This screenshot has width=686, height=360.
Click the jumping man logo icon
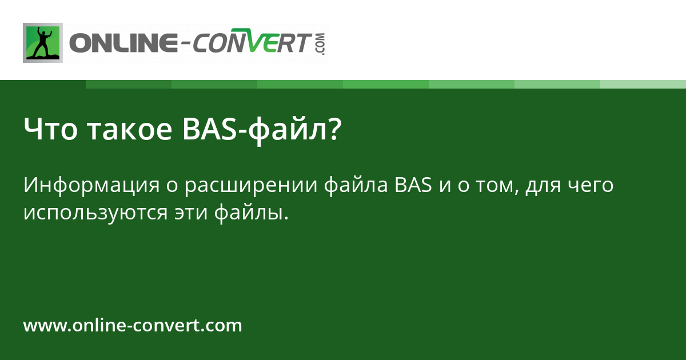click(x=43, y=43)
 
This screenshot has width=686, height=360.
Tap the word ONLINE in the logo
click(x=121, y=43)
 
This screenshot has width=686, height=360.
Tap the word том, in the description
click(x=498, y=186)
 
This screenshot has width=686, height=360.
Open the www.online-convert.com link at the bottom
click(x=133, y=326)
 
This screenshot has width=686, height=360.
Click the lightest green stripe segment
click(x=643, y=84)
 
